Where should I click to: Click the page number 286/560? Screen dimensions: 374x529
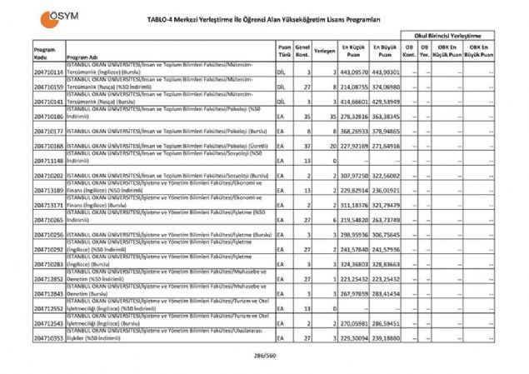(x=264, y=356)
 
